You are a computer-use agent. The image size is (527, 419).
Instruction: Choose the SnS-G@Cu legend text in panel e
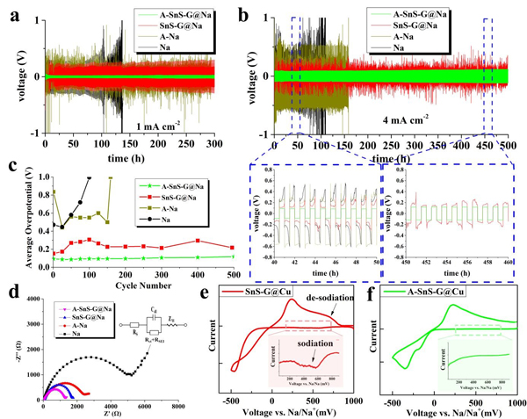pos(290,292)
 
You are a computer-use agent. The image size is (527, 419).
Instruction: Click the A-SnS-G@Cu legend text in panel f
pos(443,293)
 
